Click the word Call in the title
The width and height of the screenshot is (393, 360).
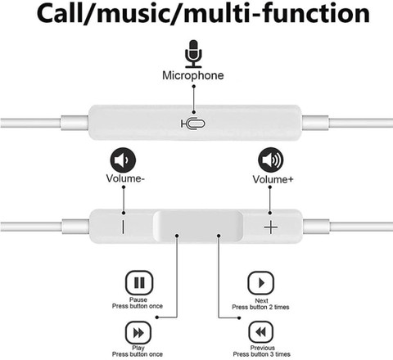pos(60,14)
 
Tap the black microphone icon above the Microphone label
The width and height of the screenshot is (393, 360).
pos(193,54)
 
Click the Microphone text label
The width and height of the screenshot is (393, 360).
pos(193,75)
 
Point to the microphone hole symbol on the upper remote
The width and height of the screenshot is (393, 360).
pos(193,124)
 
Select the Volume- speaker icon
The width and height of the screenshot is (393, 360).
pos(123,160)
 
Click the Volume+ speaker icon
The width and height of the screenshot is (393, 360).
pos(271,160)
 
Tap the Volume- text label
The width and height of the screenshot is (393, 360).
pos(125,178)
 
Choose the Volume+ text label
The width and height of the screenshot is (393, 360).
pos(273,179)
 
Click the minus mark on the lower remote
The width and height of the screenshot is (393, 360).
pos(123,227)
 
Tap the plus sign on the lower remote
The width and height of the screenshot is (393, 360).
pos(271,227)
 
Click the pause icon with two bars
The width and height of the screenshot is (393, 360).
pos(139,282)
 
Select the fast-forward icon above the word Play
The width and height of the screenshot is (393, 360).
pos(138,333)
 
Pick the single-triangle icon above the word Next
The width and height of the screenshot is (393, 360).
pos(261,283)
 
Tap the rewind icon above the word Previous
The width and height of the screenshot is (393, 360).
pos(261,332)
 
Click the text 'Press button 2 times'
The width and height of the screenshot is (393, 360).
pos(260,307)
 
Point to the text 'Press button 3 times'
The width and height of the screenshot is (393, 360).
pos(261,354)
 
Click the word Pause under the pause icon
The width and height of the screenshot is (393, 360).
pos(138,299)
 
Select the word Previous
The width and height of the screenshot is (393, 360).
pos(263,348)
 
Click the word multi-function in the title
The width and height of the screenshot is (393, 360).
pos(277,14)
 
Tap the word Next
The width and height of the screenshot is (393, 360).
pos(261,301)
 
